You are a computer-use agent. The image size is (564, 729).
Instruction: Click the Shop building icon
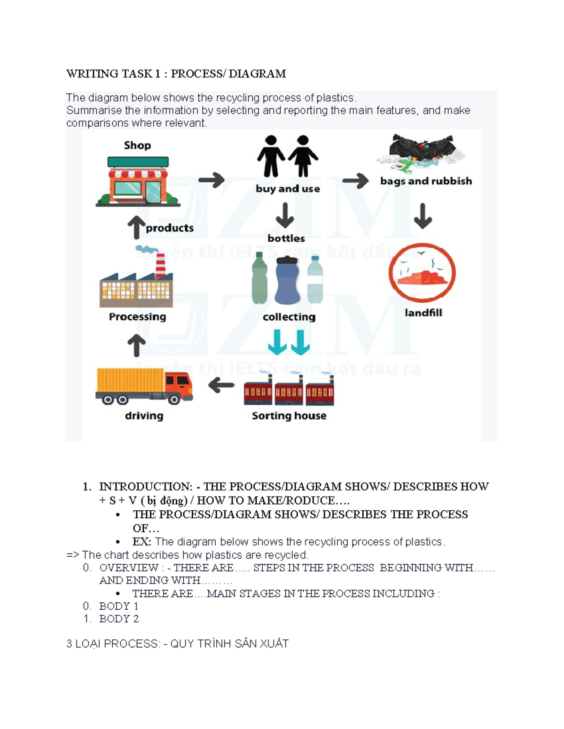pyautogui.click(x=138, y=182)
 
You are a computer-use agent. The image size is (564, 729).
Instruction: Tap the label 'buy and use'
pyautogui.click(x=288, y=189)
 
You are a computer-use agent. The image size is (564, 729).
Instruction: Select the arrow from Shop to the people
pyautogui.click(x=211, y=180)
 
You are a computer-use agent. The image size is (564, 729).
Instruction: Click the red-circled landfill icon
pyautogui.click(x=422, y=273)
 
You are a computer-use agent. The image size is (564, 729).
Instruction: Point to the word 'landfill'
pyautogui.click(x=423, y=313)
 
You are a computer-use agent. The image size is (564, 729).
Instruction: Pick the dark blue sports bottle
pyautogui.click(x=287, y=280)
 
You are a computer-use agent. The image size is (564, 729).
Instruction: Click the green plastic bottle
pyautogui.click(x=259, y=278)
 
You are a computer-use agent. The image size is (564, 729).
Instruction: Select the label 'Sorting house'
pyautogui.click(x=289, y=415)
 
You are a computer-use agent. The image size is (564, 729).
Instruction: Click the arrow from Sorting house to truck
pyautogui.click(x=221, y=385)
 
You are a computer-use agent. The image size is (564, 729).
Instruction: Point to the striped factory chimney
pyautogui.click(x=160, y=266)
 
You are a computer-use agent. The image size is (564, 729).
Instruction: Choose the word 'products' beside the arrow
pyautogui.click(x=170, y=228)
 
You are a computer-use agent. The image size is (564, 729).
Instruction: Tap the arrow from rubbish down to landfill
pyautogui.click(x=423, y=215)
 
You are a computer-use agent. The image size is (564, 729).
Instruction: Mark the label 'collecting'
pyautogui.click(x=289, y=317)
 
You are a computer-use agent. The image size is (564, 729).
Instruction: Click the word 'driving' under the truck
pyautogui.click(x=144, y=415)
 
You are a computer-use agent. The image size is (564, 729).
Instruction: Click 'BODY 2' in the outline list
pyautogui.click(x=119, y=619)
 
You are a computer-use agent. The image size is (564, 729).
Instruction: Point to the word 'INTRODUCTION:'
pyautogui.click(x=146, y=486)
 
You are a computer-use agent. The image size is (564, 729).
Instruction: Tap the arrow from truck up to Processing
pyautogui.click(x=137, y=345)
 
